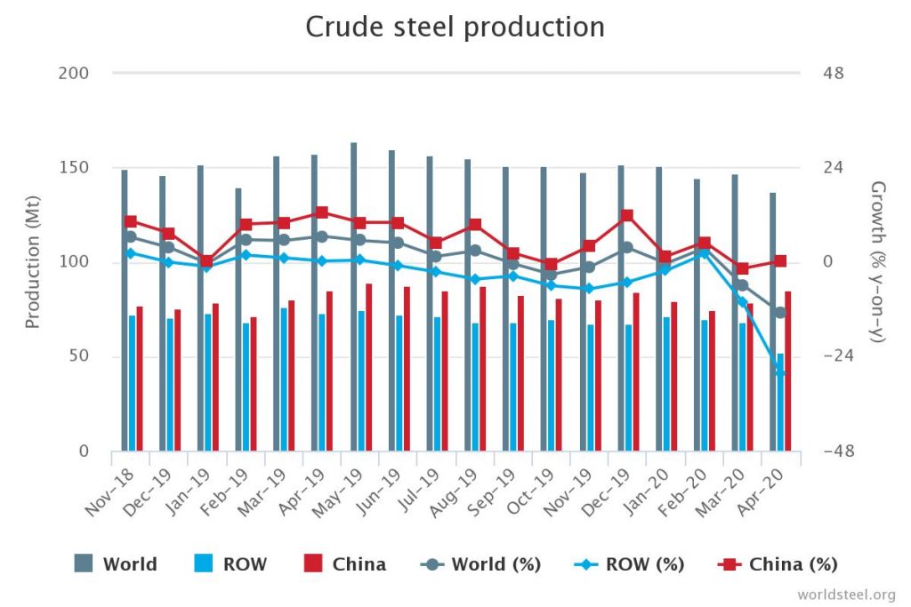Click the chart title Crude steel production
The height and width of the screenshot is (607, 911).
(455, 27)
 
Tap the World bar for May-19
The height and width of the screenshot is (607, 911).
(353, 297)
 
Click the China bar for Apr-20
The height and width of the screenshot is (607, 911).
(788, 371)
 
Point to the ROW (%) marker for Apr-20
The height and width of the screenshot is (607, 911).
(780, 371)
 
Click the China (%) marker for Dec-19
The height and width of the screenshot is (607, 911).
(627, 215)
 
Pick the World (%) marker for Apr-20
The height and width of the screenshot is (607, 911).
(780, 312)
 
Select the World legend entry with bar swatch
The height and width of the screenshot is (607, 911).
(116, 563)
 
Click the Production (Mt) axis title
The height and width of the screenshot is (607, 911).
(33, 262)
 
